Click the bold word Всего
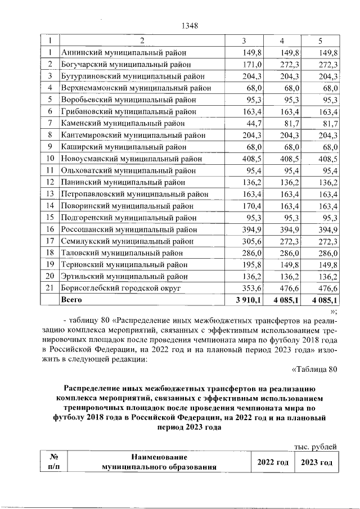point(71,300)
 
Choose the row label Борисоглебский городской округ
point(120,289)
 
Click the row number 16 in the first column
point(50,229)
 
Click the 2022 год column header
point(273,462)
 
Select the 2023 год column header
point(316,462)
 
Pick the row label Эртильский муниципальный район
point(124,277)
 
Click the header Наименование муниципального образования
point(159,462)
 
